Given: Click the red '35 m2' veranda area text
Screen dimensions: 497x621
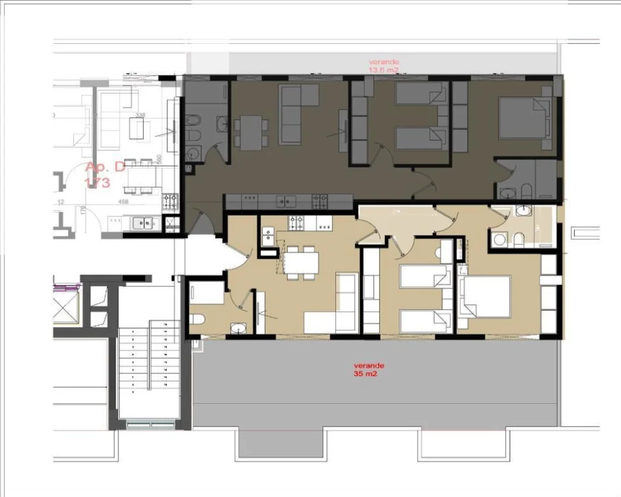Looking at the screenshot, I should (x=366, y=376).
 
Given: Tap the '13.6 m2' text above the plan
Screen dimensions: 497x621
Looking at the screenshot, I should (x=384, y=69).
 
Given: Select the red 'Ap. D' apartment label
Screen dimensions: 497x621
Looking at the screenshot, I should (x=105, y=167).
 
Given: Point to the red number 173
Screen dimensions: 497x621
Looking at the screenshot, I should (x=97, y=183).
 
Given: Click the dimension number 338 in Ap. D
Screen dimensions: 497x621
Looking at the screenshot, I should (x=139, y=115).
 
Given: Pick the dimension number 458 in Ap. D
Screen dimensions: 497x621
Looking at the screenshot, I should (x=122, y=202).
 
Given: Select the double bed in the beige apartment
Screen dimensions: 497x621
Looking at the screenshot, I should (x=486, y=297).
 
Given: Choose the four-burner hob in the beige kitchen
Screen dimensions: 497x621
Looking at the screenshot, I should (x=295, y=222).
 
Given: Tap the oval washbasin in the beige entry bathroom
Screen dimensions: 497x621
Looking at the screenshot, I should (x=236, y=327).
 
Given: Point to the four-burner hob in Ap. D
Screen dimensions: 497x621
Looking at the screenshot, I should (x=170, y=200).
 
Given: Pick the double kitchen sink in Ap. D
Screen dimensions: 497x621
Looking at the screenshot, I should (x=146, y=223).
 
